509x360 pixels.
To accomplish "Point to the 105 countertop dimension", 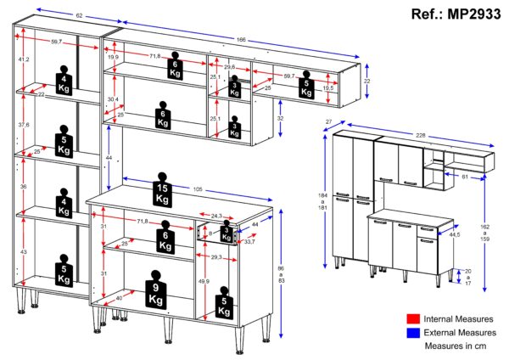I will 197,188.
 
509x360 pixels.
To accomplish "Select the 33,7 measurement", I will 249,242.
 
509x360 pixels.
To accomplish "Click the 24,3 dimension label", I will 216,216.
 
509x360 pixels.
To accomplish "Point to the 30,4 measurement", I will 112,99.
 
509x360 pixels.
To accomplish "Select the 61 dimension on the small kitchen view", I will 461,176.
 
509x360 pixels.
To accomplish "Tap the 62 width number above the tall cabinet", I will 55,16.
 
